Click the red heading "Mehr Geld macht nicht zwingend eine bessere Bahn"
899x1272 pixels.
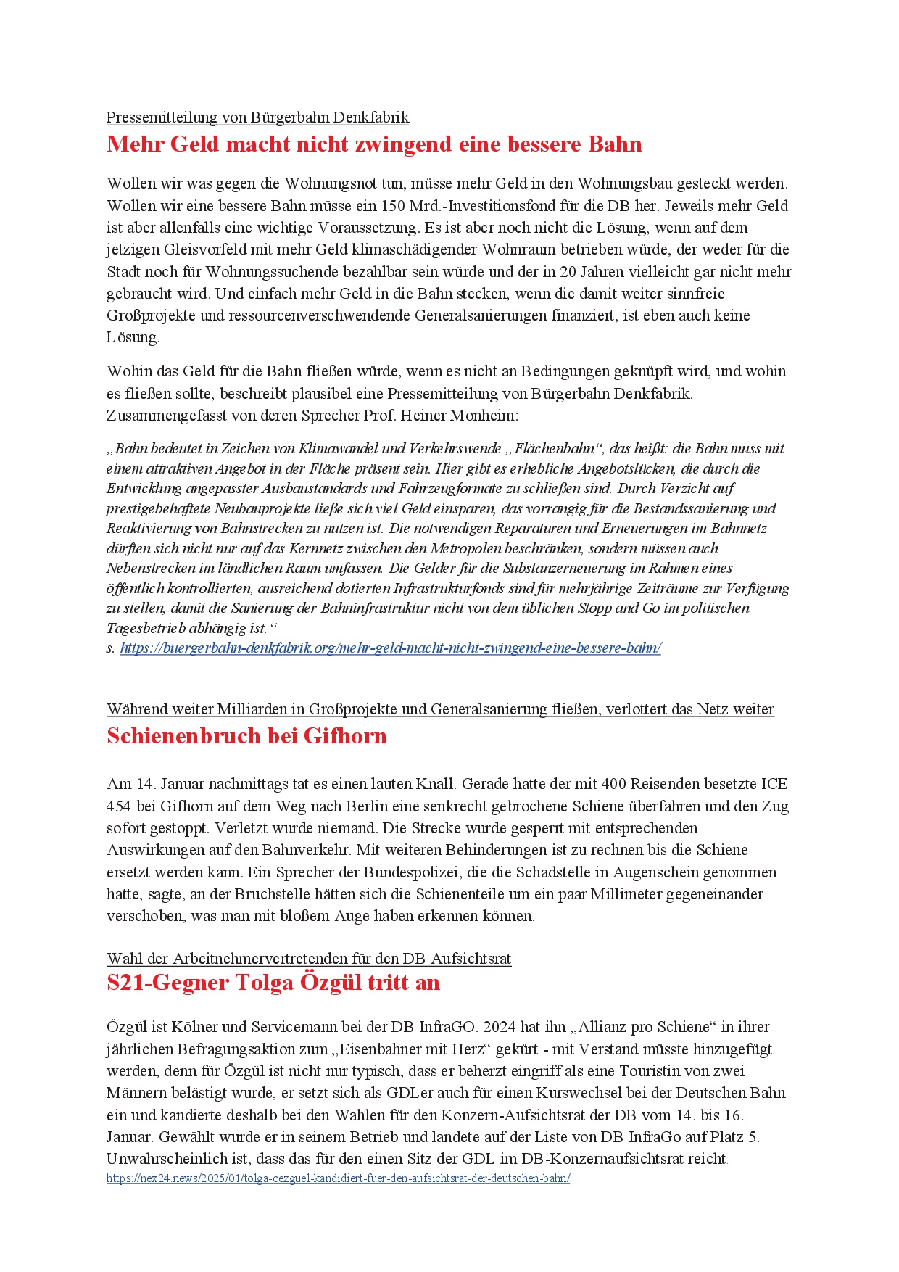[x=374, y=144]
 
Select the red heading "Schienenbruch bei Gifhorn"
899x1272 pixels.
[x=246, y=736]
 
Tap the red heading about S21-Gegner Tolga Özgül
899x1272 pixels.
[x=273, y=983]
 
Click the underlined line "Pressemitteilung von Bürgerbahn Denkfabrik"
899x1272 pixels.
[x=257, y=117]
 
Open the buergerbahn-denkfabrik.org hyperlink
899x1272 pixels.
[x=390, y=648]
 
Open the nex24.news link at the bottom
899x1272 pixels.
[x=338, y=1178]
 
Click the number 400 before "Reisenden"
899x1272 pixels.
[x=613, y=784]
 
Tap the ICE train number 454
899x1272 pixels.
[x=119, y=806]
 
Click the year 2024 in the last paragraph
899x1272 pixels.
[x=499, y=1027]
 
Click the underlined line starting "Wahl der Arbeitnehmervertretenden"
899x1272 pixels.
[x=309, y=959]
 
